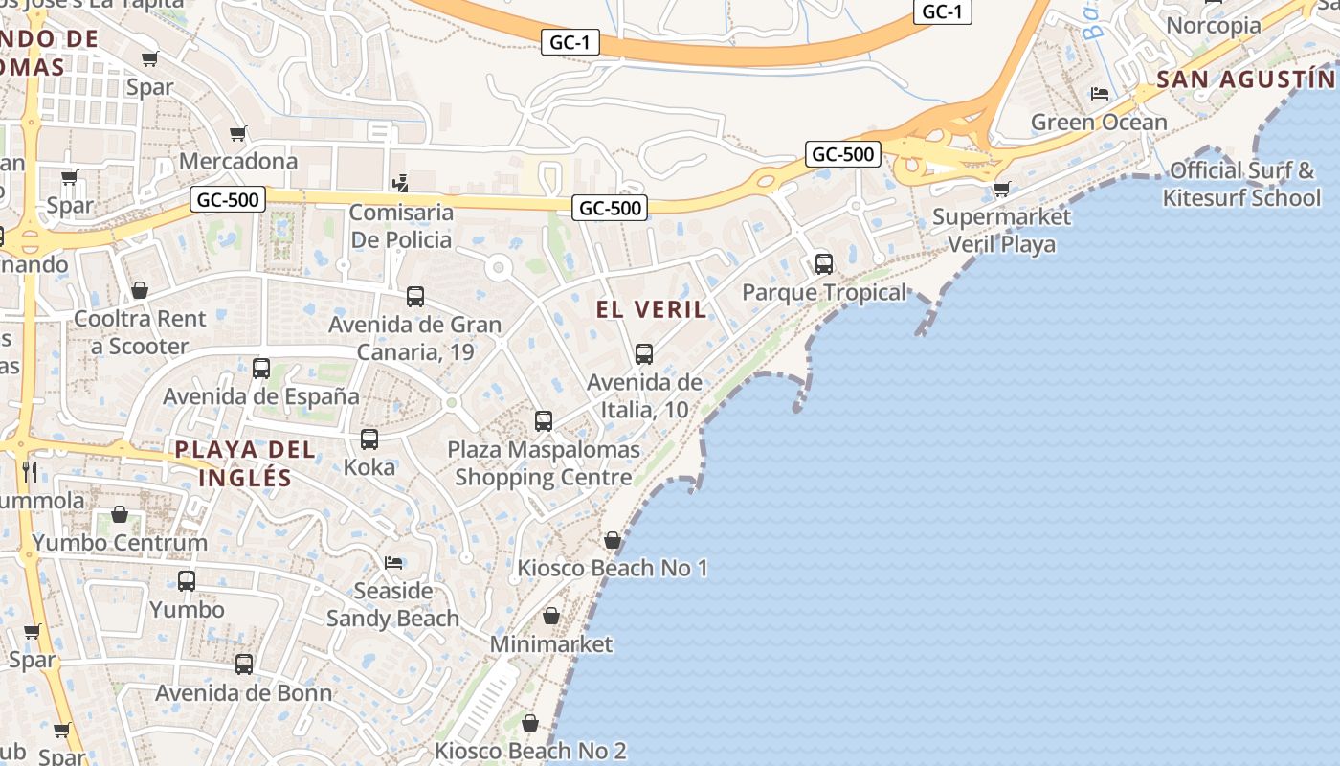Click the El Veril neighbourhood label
(652, 309)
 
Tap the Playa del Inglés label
(245, 463)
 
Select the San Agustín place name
(1244, 79)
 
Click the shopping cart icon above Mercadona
(237, 133)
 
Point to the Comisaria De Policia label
(401, 226)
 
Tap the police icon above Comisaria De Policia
(402, 182)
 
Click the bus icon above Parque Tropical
(824, 264)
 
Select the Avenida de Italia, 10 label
(644, 396)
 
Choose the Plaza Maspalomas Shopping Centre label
(544, 463)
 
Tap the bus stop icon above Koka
(369, 439)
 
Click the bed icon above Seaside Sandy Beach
(392, 562)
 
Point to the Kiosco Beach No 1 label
(613, 568)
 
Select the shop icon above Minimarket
(551, 616)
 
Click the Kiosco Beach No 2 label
(530, 751)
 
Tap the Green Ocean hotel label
(1099, 122)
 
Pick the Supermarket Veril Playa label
(1001, 230)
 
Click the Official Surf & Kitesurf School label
(1241, 184)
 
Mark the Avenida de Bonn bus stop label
(244, 692)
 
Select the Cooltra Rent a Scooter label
(140, 332)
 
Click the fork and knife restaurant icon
(30, 470)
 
